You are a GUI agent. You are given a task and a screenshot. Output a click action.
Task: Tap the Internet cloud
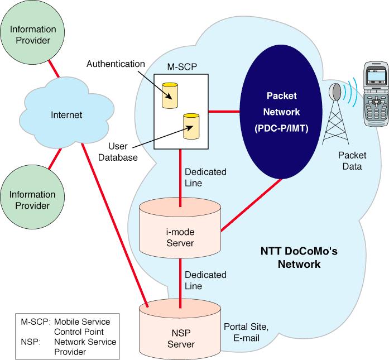pos(66,115)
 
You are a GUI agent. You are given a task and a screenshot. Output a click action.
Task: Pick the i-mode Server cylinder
pos(180,235)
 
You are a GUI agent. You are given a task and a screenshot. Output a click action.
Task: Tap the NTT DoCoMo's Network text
pos(299,258)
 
